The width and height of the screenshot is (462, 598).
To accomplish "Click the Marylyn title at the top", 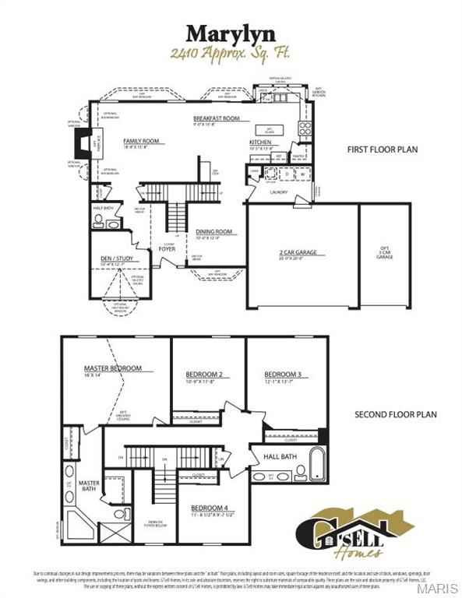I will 231,33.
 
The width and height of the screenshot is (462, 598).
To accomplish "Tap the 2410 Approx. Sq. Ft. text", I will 231,54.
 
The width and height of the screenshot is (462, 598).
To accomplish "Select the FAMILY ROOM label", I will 141,141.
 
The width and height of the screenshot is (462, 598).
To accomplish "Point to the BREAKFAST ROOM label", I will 217,118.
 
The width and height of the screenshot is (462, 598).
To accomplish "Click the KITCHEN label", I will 260,142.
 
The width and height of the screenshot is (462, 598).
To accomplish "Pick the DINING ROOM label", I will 214,231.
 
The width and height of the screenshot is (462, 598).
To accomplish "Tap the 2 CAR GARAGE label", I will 302,252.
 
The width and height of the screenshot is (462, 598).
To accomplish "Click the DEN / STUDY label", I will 109,259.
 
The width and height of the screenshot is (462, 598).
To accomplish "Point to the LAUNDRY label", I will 280,191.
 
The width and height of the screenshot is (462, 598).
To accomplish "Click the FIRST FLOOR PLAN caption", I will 384,148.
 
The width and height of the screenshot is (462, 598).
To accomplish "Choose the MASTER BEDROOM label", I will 113,368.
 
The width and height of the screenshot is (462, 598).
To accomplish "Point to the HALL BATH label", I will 279,456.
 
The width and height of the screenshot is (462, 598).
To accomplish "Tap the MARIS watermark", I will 443,587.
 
